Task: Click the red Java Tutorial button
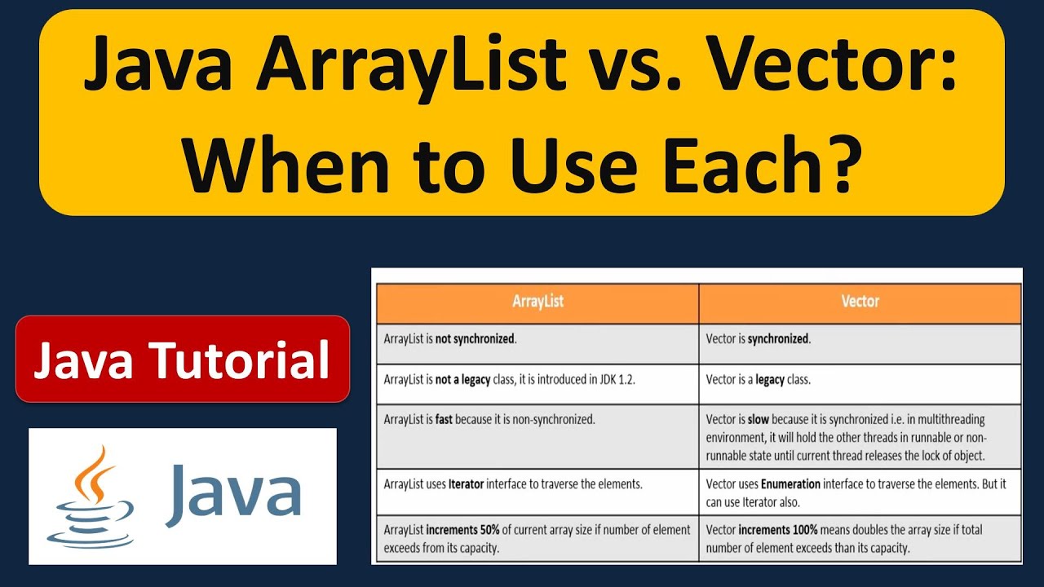pyautogui.click(x=182, y=360)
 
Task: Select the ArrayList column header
pyautogui.click(x=537, y=302)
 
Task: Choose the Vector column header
pyautogui.click(x=860, y=302)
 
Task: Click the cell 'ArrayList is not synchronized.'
pyautogui.click(x=450, y=338)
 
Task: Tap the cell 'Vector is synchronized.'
pyautogui.click(x=758, y=338)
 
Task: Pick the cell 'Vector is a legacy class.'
pyautogui.click(x=758, y=379)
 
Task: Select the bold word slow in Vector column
pyautogui.click(x=759, y=420)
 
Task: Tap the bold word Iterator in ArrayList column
pyautogui.click(x=467, y=483)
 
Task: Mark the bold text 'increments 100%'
pyautogui.click(x=783, y=530)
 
